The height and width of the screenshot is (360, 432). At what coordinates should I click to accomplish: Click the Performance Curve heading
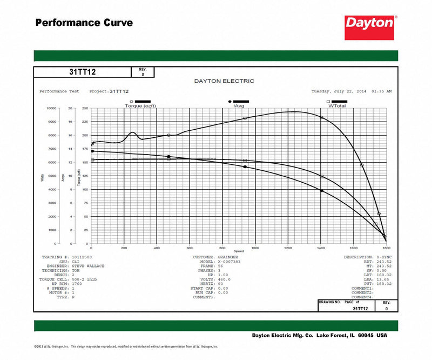click(84, 23)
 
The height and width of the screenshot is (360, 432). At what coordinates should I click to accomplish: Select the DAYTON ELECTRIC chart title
click(224, 81)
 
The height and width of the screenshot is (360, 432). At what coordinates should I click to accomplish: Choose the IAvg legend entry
click(239, 106)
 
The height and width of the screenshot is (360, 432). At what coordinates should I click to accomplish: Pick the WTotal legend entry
click(336, 106)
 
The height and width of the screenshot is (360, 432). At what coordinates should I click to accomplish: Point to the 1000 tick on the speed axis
click(255, 248)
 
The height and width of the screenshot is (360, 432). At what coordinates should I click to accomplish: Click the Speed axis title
click(239, 251)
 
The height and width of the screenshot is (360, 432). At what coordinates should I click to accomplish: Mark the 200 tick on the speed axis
click(124, 248)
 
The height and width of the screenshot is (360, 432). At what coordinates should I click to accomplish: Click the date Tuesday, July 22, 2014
click(339, 91)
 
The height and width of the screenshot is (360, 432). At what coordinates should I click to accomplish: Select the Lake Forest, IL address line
click(320, 335)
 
